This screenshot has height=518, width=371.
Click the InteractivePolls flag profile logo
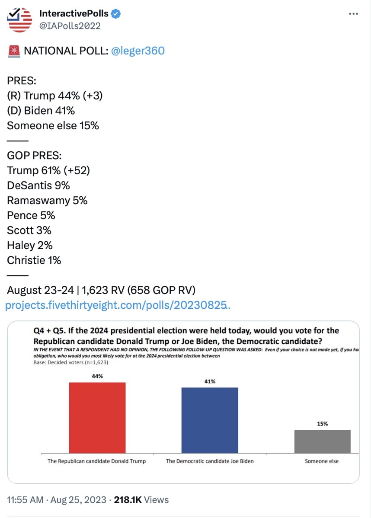(x=19, y=19)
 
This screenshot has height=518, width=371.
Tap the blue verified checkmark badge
(x=115, y=14)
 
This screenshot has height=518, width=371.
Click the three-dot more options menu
(x=353, y=14)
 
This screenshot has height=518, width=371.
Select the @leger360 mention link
(x=138, y=51)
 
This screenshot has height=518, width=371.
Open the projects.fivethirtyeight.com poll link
(x=118, y=305)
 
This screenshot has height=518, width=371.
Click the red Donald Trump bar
(x=97, y=418)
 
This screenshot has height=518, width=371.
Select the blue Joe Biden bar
(x=210, y=420)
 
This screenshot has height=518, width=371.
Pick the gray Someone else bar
(x=323, y=441)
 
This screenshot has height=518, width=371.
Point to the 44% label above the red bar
(x=97, y=376)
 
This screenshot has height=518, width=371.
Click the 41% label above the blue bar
(x=210, y=381)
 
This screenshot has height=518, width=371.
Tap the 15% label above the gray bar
(x=323, y=423)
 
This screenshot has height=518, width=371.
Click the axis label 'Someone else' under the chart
(x=322, y=461)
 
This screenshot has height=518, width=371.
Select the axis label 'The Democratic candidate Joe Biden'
(x=210, y=461)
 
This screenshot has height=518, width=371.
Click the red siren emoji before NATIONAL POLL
(x=14, y=51)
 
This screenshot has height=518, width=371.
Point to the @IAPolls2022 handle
(x=70, y=26)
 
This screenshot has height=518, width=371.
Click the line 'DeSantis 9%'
(x=38, y=185)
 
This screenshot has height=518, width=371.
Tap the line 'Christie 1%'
(x=34, y=260)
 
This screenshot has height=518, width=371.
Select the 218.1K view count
(x=128, y=500)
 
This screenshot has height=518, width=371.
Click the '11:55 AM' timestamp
(x=25, y=500)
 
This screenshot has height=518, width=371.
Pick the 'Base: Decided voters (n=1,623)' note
(x=71, y=362)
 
